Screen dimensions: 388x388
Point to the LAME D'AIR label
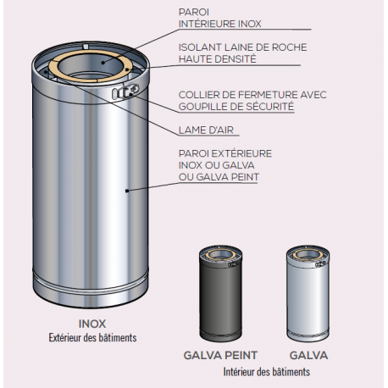(x=207, y=130)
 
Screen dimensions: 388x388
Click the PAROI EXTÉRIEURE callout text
(x=218, y=164)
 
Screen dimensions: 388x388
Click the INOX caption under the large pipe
(x=91, y=324)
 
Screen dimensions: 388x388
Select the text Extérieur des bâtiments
(x=91, y=337)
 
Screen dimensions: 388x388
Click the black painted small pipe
(x=220, y=297)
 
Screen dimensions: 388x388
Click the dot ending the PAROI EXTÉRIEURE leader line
(x=126, y=191)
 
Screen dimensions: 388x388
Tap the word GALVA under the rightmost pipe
(x=308, y=356)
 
